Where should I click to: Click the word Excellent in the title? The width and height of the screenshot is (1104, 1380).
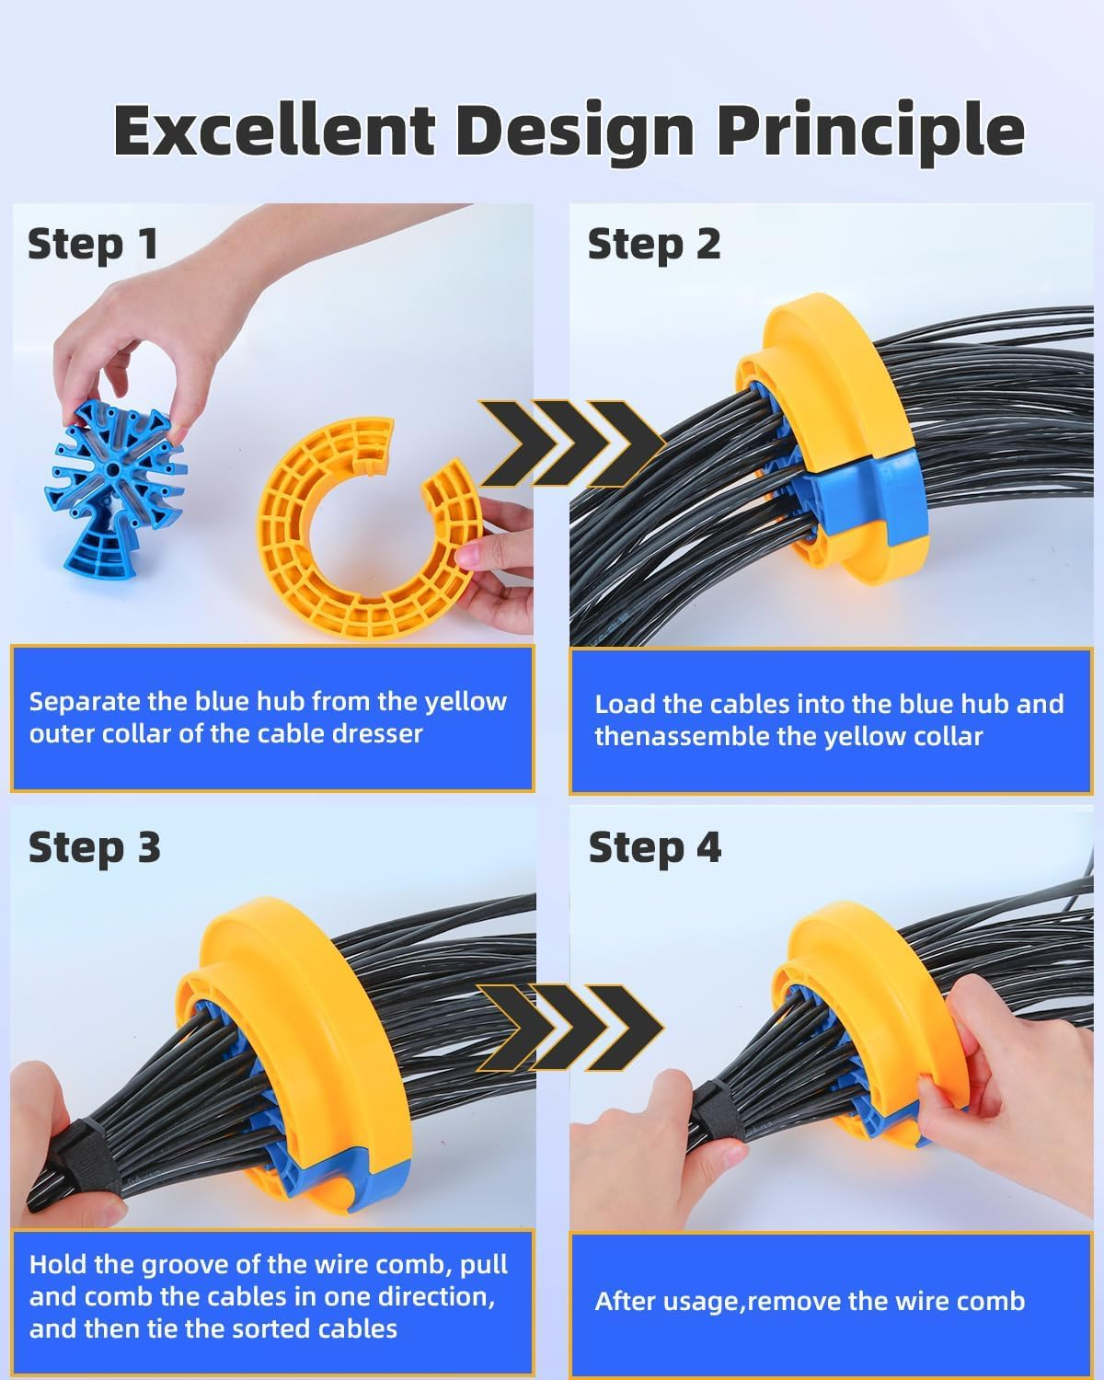tap(273, 130)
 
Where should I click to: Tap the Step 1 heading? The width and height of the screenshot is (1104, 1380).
tap(93, 245)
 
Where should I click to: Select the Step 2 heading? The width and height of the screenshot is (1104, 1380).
tap(654, 245)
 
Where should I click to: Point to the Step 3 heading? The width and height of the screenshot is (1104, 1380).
tap(94, 847)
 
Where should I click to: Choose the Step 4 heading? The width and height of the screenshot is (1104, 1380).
tap(655, 847)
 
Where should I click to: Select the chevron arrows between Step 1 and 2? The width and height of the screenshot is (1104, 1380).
tap(570, 443)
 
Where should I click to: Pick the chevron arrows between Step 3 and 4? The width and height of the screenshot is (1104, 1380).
tap(570, 1027)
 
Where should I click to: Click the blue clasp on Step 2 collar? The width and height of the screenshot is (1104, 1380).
tap(860, 497)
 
